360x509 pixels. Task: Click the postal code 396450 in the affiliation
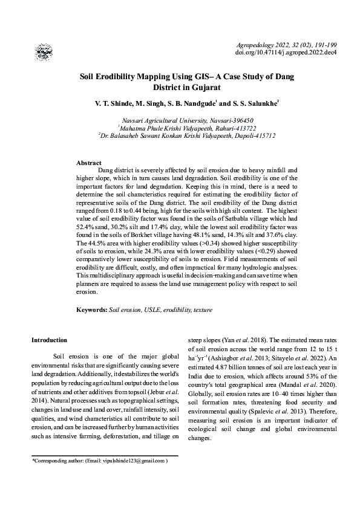point(223,120)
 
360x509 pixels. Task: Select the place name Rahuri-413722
point(231,128)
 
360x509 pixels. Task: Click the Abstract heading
point(88,163)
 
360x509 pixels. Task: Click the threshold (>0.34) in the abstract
point(198,241)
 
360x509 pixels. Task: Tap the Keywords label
point(91,310)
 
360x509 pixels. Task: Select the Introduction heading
point(49,340)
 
